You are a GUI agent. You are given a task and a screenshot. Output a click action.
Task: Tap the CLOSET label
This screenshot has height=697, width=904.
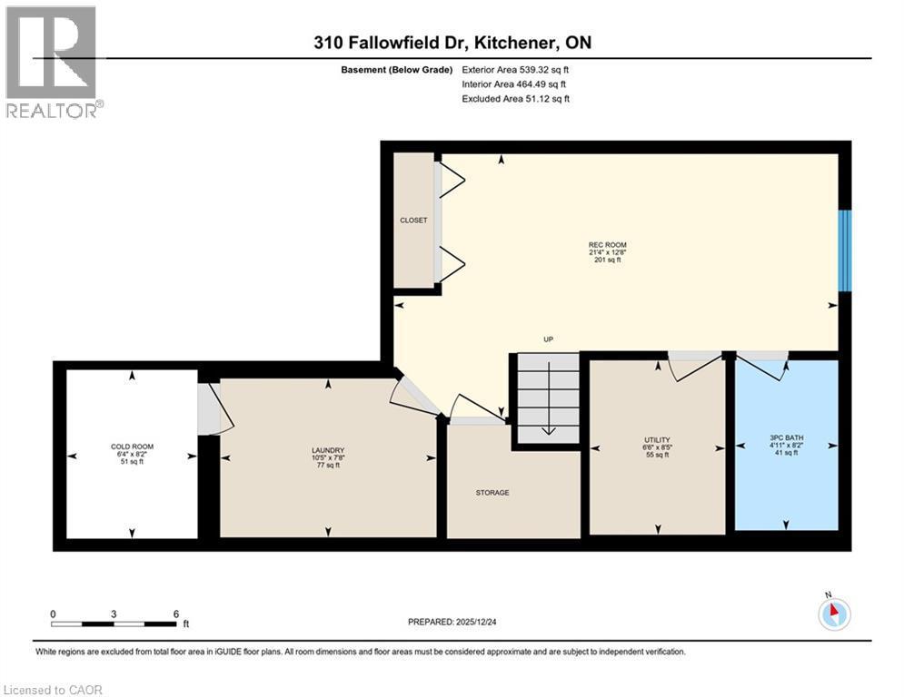click(x=413, y=221)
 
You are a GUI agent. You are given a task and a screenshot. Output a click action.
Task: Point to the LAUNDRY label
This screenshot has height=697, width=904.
click(x=328, y=451)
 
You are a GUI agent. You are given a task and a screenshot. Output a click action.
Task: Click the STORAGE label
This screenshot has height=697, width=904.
click(x=492, y=493)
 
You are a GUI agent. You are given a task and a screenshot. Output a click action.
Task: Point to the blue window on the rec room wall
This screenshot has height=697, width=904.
click(x=844, y=250)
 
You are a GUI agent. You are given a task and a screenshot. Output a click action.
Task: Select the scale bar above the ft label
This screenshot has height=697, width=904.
click(x=114, y=624)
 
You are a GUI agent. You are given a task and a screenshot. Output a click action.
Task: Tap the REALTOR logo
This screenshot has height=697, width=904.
click(x=53, y=62)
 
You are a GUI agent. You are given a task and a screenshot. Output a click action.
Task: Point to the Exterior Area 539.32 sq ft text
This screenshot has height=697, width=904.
click(x=516, y=70)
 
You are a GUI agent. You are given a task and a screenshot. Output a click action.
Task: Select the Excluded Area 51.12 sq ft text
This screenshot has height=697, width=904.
click(x=516, y=99)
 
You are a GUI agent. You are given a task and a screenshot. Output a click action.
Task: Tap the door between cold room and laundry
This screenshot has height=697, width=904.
click(x=214, y=409)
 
